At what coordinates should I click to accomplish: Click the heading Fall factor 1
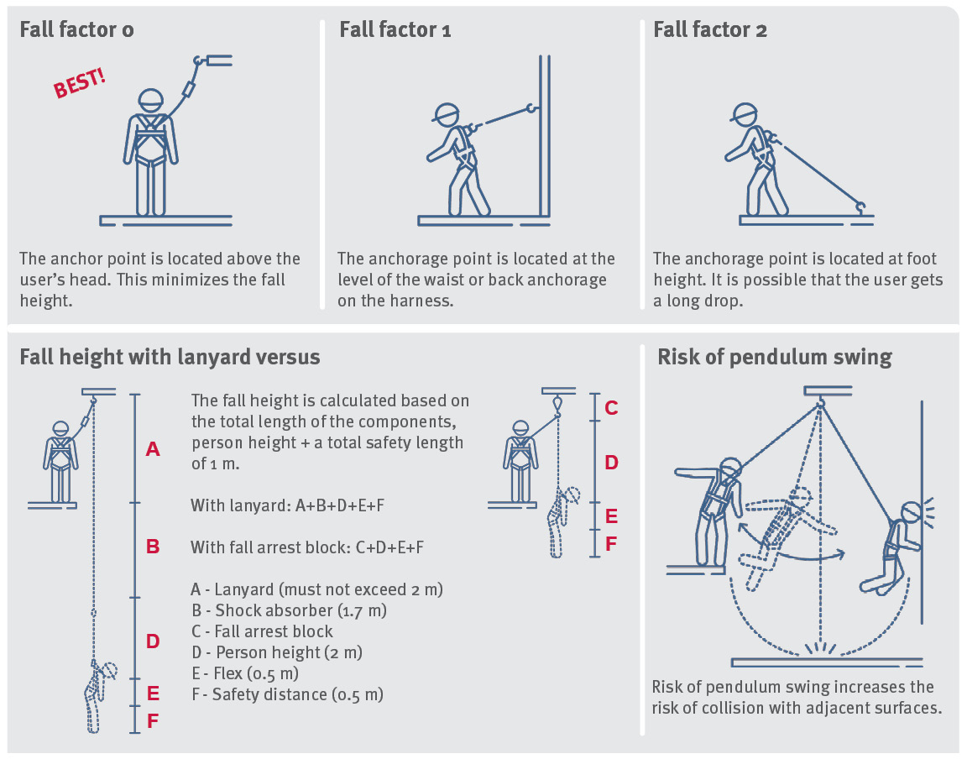395,30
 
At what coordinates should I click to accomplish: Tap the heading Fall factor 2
710,30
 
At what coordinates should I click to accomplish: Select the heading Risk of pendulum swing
774,357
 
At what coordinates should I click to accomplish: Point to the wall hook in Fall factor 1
530,107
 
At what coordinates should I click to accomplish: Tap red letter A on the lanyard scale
153,450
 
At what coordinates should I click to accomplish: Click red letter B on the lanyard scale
153,547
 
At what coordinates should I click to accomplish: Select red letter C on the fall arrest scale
611,408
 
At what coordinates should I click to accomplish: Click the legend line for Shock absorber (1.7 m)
290,610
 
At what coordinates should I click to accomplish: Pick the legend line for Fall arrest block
262,631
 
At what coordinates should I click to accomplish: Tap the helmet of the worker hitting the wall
911,513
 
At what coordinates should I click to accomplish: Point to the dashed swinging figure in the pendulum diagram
781,529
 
